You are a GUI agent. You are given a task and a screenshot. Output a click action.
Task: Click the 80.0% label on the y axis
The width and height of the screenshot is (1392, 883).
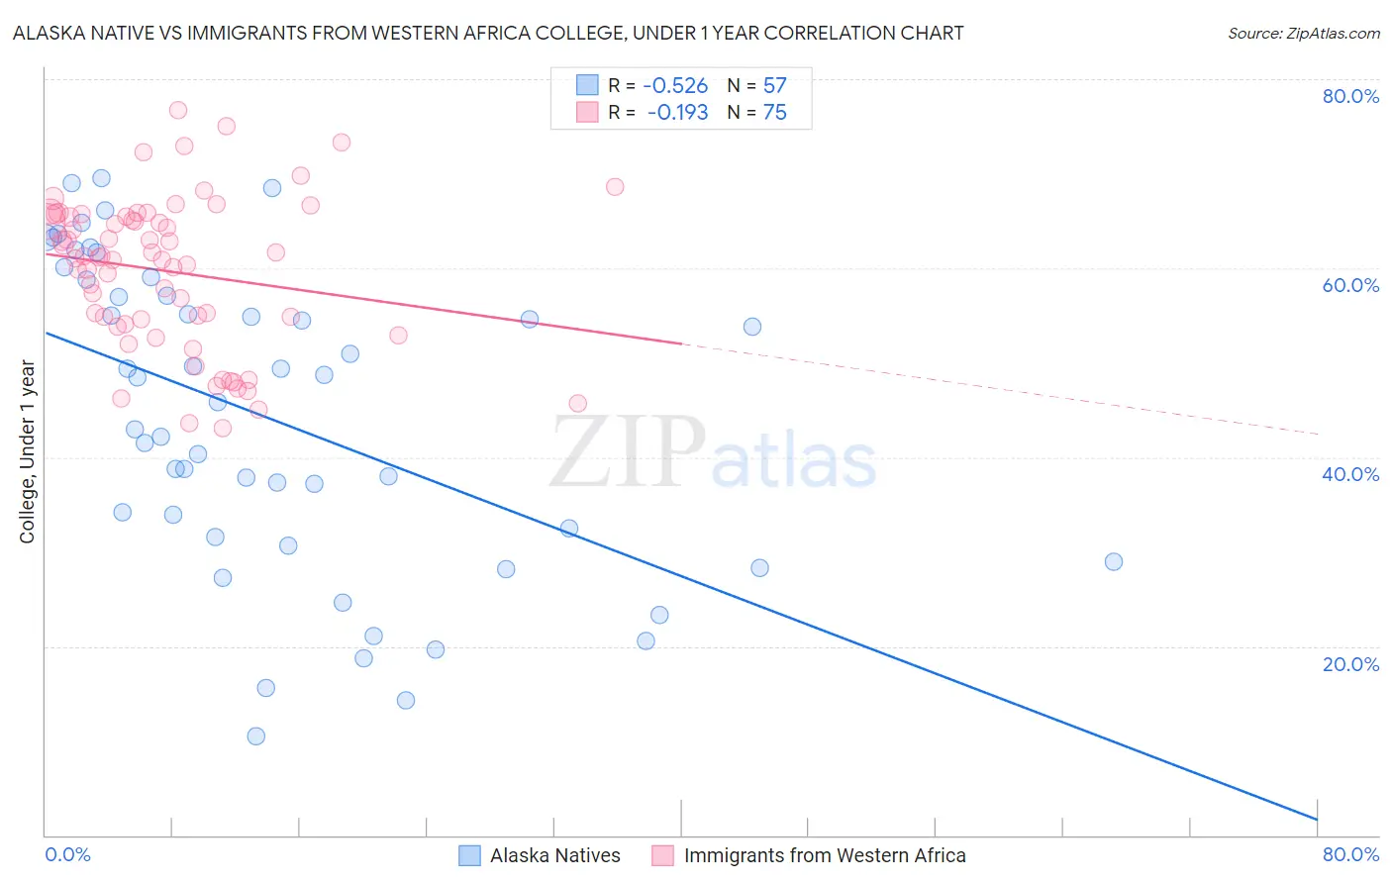(1350, 96)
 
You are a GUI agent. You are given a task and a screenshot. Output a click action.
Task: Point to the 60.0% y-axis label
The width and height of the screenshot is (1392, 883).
(1350, 285)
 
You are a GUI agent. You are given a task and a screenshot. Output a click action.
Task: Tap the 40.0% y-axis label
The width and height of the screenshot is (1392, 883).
(1350, 474)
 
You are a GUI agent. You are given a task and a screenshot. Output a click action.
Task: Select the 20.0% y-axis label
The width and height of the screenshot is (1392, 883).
(1350, 663)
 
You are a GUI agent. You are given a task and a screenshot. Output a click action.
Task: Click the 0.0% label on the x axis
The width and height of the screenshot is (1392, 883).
(67, 854)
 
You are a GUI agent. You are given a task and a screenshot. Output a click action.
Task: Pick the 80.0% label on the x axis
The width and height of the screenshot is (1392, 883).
(1350, 854)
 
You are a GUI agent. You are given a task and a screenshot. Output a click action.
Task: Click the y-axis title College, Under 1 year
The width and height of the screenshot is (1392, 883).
(28, 451)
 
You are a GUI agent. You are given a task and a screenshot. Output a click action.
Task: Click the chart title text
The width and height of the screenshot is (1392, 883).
(488, 33)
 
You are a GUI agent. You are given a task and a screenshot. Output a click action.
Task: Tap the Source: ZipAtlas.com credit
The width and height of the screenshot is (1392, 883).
(1303, 33)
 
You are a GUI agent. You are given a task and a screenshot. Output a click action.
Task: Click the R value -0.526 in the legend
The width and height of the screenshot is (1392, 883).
(675, 86)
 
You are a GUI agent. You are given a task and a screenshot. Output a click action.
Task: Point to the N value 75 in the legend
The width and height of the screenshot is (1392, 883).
(774, 113)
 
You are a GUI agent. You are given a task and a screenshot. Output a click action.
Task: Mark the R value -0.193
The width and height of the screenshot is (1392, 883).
(677, 113)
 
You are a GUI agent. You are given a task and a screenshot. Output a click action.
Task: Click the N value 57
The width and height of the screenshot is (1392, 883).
(774, 86)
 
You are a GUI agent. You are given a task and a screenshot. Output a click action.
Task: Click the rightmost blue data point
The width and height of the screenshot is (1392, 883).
(1114, 561)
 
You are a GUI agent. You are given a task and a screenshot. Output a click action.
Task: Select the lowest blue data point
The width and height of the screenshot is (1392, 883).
(256, 736)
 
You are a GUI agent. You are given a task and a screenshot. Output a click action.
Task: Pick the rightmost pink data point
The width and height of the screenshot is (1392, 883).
(615, 187)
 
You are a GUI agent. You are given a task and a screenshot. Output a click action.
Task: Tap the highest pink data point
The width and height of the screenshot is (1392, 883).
(178, 110)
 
